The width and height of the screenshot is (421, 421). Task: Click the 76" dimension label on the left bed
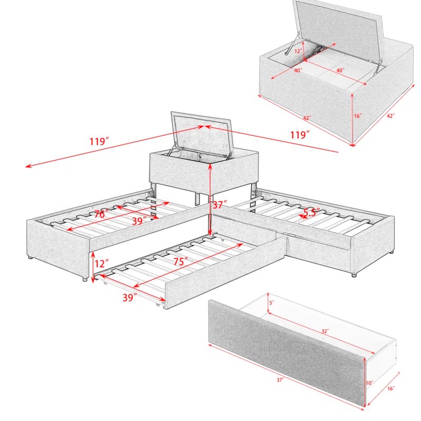click(102, 214)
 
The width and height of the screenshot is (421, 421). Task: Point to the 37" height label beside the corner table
click(219, 204)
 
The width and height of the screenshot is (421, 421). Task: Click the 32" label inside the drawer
click(326, 331)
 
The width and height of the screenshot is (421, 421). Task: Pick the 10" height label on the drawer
click(370, 383)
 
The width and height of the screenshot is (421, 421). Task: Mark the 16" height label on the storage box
click(358, 116)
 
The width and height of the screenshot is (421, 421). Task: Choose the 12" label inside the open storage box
click(298, 51)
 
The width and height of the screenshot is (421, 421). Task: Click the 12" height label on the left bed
click(102, 263)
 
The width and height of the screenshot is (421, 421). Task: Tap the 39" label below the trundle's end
click(129, 297)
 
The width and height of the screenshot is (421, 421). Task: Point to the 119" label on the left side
click(99, 141)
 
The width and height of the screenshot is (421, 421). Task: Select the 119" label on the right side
click(299, 135)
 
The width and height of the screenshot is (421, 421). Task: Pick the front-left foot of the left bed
click(84, 279)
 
